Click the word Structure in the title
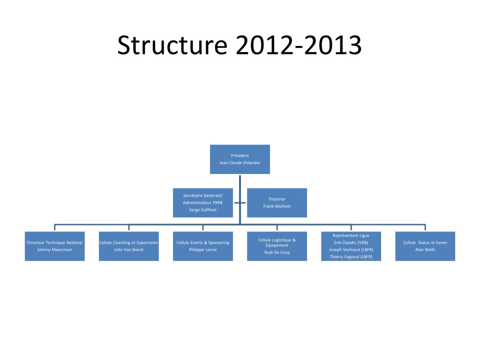tap(172, 46)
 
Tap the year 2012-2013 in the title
tap(299, 46)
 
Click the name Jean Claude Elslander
tap(240, 163)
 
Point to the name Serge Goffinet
tap(202, 210)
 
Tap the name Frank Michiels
tap(277, 206)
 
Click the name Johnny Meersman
tap(55, 250)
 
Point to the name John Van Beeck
tap(129, 250)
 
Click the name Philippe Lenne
tap(203, 250)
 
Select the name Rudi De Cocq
tap(277, 252)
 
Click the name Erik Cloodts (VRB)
tap(351, 243)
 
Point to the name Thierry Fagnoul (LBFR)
tap(351, 257)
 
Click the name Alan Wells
tap(425, 250)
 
